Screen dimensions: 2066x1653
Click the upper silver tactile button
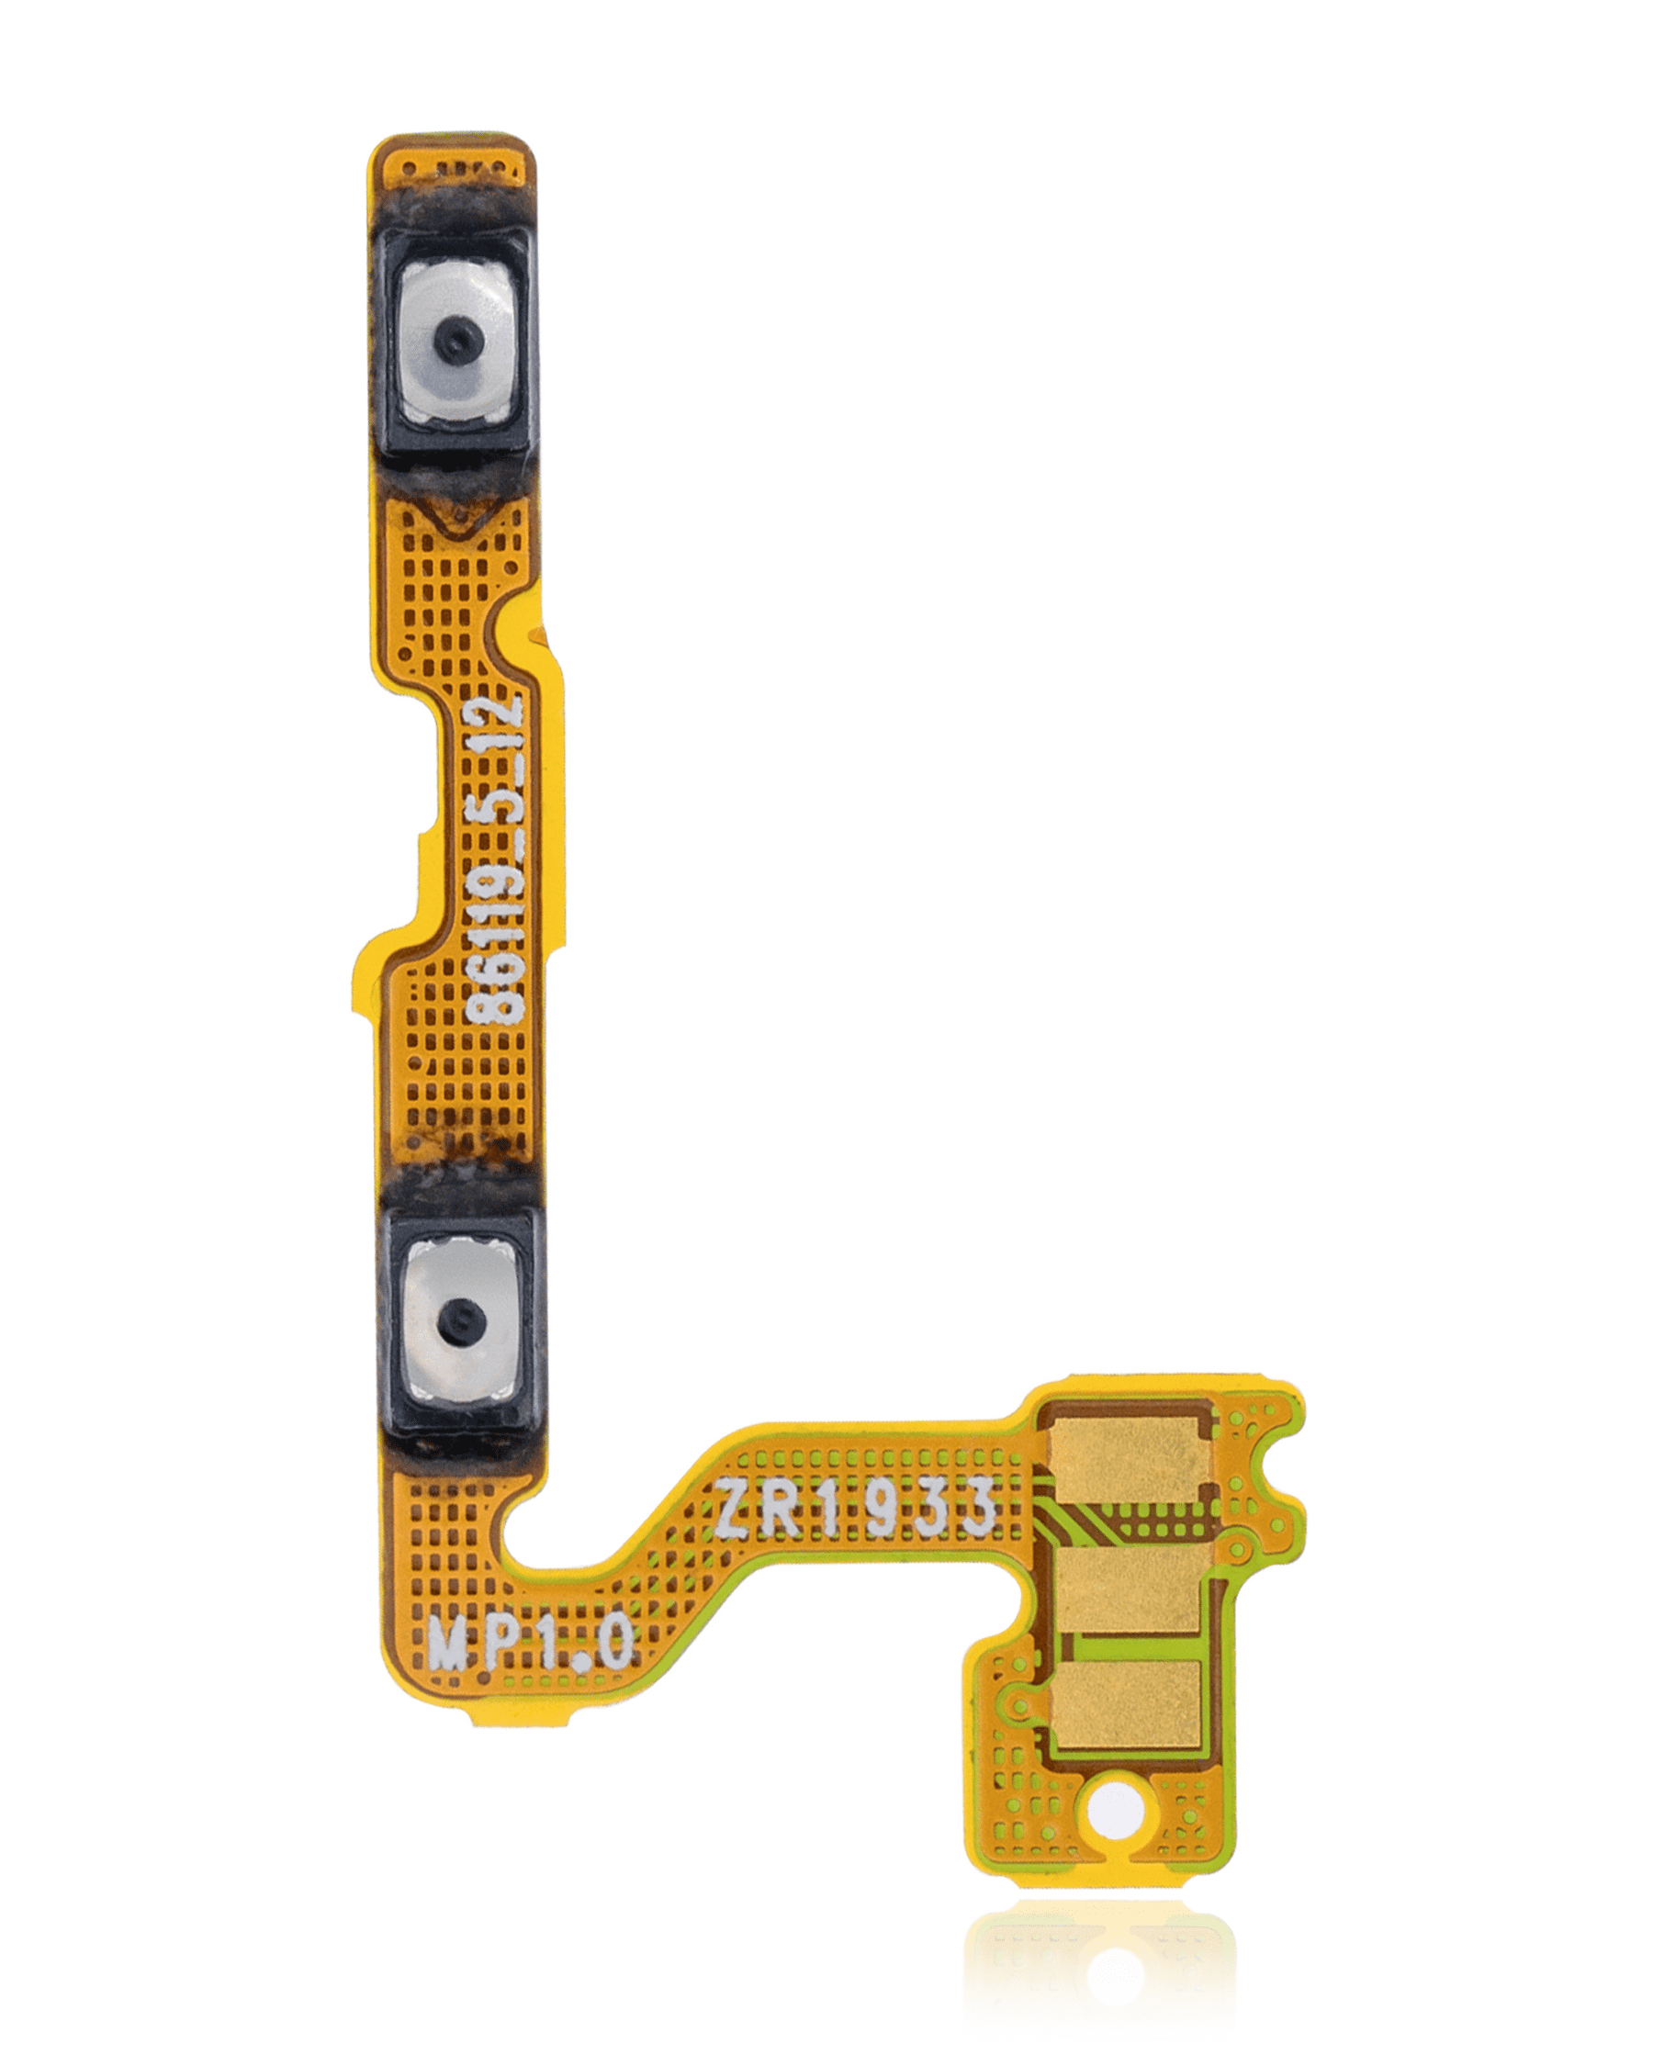click(456, 345)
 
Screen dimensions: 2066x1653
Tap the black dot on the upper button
click(455, 338)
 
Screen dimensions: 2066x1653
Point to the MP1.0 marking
click(530, 1645)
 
